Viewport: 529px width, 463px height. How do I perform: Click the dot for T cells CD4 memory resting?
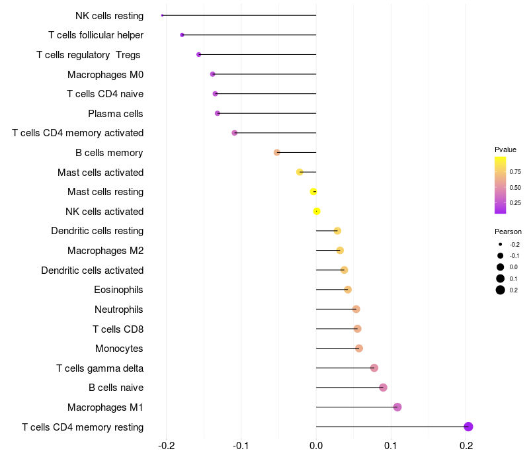coord(468,427)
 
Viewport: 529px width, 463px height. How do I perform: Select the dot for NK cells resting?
coord(163,15)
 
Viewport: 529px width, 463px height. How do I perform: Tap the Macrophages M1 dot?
coord(397,407)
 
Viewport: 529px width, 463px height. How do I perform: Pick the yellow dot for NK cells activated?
coord(317,212)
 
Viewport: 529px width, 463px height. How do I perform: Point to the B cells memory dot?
coord(277,153)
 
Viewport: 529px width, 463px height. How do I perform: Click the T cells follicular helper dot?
coord(182,35)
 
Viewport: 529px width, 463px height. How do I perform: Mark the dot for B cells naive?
coord(383,388)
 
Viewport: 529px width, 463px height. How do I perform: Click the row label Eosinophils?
coord(119,290)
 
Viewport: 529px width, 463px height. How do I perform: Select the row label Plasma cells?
coord(116,114)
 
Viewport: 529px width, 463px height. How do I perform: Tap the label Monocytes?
coord(119,349)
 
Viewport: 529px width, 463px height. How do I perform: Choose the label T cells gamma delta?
coord(100,368)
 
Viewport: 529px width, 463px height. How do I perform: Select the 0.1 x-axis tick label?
coord(391,446)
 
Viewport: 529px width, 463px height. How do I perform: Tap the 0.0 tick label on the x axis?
coord(316,446)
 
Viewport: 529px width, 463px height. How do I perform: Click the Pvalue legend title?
coord(506,149)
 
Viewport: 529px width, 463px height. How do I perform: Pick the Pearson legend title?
coord(508,232)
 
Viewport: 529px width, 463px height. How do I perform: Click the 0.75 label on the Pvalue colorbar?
coord(515,171)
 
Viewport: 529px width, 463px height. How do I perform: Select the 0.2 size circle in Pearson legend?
coord(501,290)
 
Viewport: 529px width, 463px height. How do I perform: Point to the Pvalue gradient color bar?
coord(501,185)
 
